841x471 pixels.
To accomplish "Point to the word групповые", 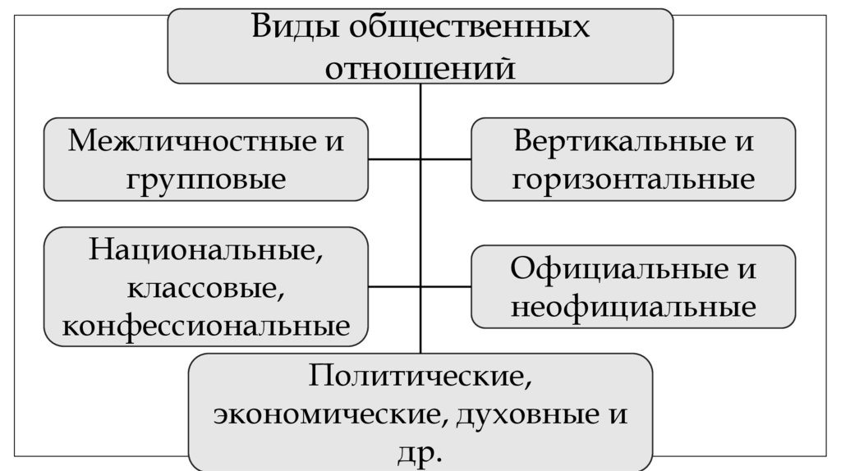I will coord(206,178).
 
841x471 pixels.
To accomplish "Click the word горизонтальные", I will coord(633,178).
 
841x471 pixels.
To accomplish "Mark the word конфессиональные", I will coord(206,326).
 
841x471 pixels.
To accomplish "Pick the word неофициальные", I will coord(633,307).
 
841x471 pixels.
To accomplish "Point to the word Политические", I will coord(418,377).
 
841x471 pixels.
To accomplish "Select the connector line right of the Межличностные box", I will coord(394,158).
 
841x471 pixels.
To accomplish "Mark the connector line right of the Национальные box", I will coord(394,287).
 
